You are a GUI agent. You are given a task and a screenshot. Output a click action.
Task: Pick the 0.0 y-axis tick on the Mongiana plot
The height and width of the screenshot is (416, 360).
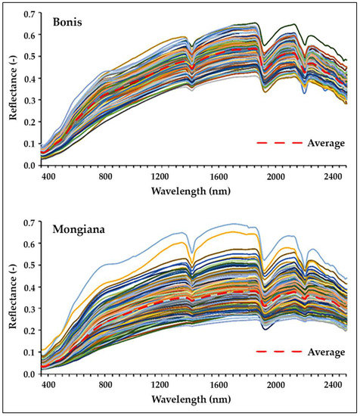pyautogui.click(x=29, y=374)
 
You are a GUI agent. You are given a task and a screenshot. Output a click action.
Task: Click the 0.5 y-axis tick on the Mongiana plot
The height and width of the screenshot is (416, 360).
pyautogui.click(x=29, y=266)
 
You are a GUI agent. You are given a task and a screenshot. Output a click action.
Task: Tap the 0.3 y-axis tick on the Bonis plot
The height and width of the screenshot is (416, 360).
pyautogui.click(x=29, y=101)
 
